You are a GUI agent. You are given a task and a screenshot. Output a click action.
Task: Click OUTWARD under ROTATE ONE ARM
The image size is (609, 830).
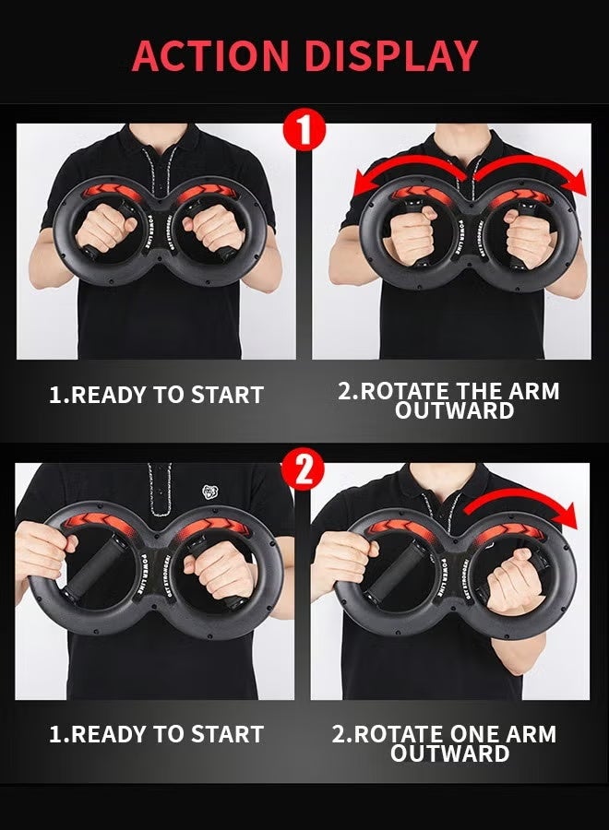point(449,753)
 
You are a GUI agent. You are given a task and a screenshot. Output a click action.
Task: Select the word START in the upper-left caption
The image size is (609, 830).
point(227,395)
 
